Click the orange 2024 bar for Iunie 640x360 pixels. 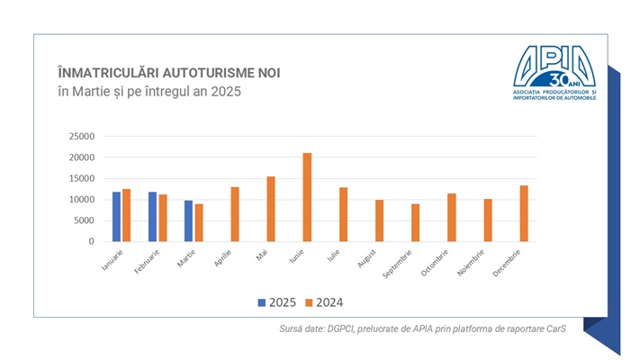pyautogui.click(x=307, y=197)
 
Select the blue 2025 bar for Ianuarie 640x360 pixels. pyautogui.click(x=117, y=217)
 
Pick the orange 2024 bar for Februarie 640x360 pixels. pyautogui.click(x=163, y=218)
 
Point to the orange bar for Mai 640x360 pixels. pyautogui.click(x=271, y=209)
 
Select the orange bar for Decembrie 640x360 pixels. pyautogui.click(x=524, y=213)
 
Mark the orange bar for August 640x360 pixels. pyautogui.click(x=379, y=220)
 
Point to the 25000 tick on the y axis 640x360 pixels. pyautogui.click(x=81, y=137)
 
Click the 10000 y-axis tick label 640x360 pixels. pyautogui.click(x=81, y=200)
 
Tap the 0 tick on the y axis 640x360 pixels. pyautogui.click(x=91, y=242)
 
